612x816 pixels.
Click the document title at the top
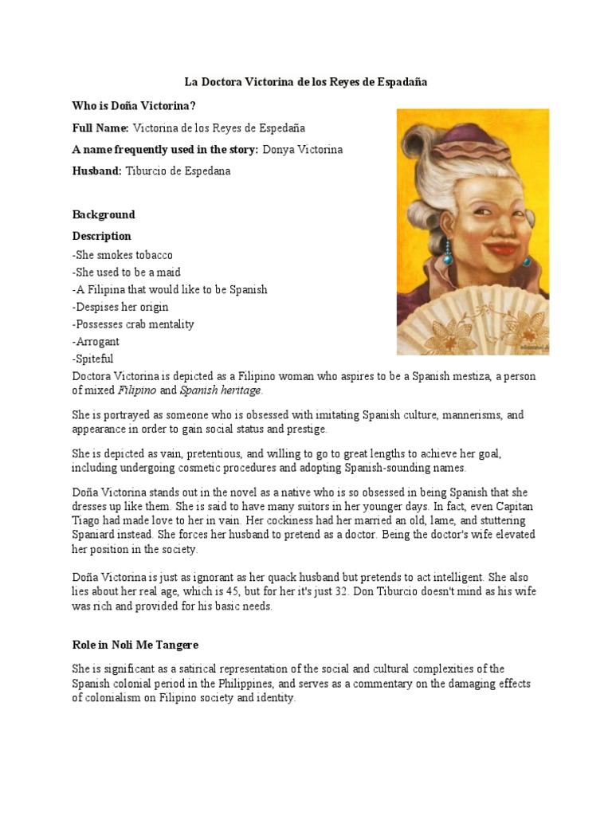click(306, 82)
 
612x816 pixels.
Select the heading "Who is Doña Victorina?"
click(135, 106)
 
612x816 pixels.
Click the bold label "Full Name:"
click(100, 127)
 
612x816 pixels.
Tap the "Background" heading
click(104, 214)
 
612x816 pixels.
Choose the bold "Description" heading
click(102, 236)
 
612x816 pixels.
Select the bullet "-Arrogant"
click(96, 341)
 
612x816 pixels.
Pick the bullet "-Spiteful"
click(93, 359)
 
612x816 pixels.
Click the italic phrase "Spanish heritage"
click(220, 390)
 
